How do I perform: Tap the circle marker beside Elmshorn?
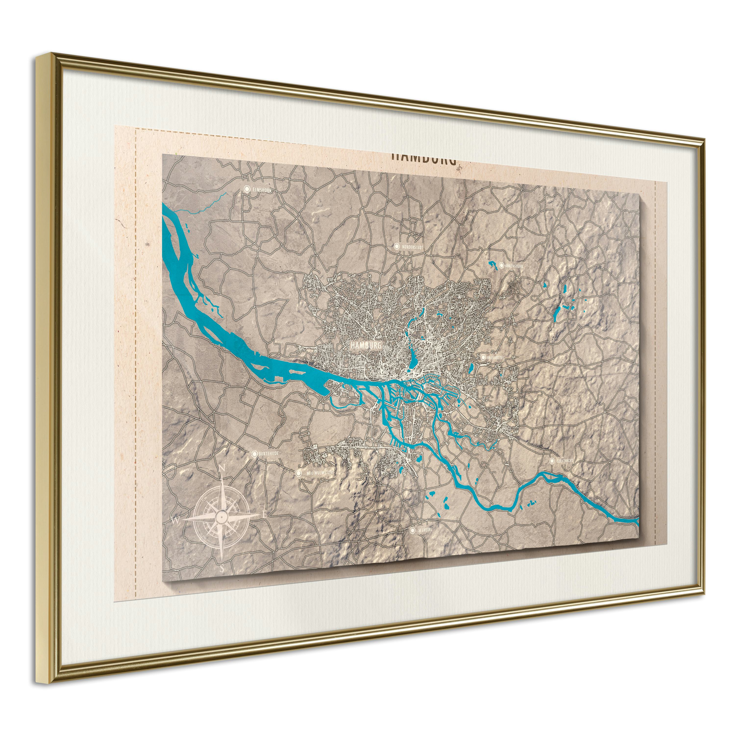[x=247, y=189]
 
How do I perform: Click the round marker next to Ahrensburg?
[x=502, y=265]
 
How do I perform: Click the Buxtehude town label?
[x=269, y=454]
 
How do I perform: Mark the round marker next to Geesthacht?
[x=552, y=461]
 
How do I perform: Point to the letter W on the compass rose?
[x=176, y=520]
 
